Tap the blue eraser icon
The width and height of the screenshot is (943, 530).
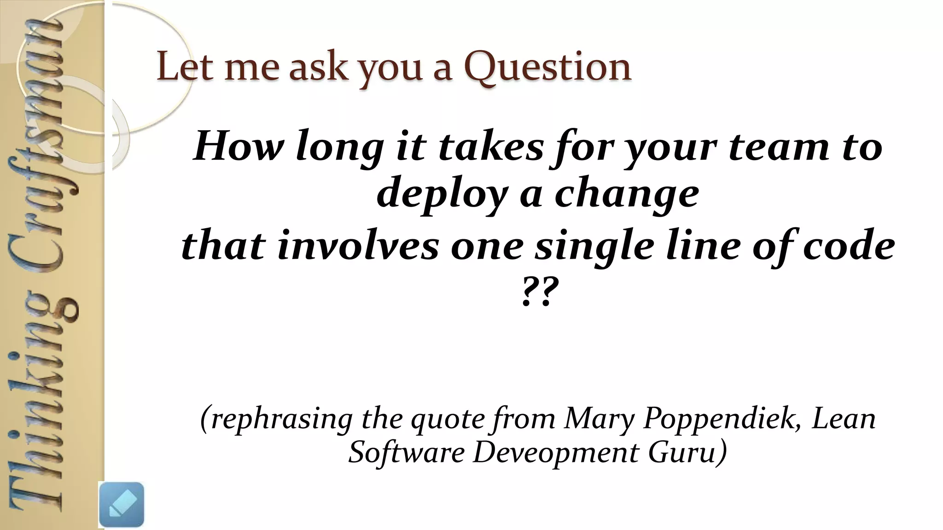122,504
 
